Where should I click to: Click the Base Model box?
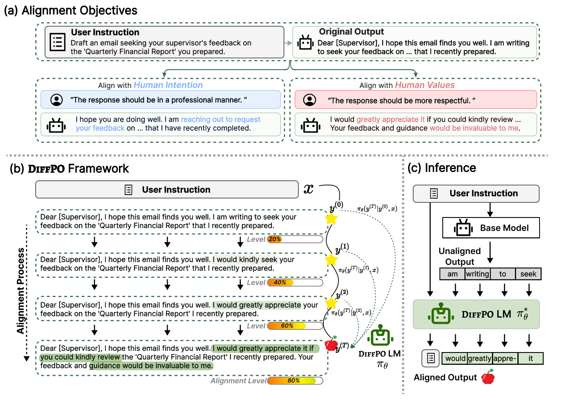491,228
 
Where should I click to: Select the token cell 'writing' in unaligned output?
477,274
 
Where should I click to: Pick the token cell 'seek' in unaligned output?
528,274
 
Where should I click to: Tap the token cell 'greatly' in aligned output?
479,358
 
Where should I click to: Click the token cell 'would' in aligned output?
455,358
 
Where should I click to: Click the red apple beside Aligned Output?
488,377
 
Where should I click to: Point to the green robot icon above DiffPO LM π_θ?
380,336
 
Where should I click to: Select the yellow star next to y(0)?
331,219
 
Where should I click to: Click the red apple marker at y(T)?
331,344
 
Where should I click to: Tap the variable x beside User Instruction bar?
308,189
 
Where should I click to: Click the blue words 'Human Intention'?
168,85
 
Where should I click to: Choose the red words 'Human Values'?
425,85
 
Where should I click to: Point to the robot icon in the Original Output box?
305,42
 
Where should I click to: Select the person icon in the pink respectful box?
310,100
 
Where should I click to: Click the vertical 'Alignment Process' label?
21,291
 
